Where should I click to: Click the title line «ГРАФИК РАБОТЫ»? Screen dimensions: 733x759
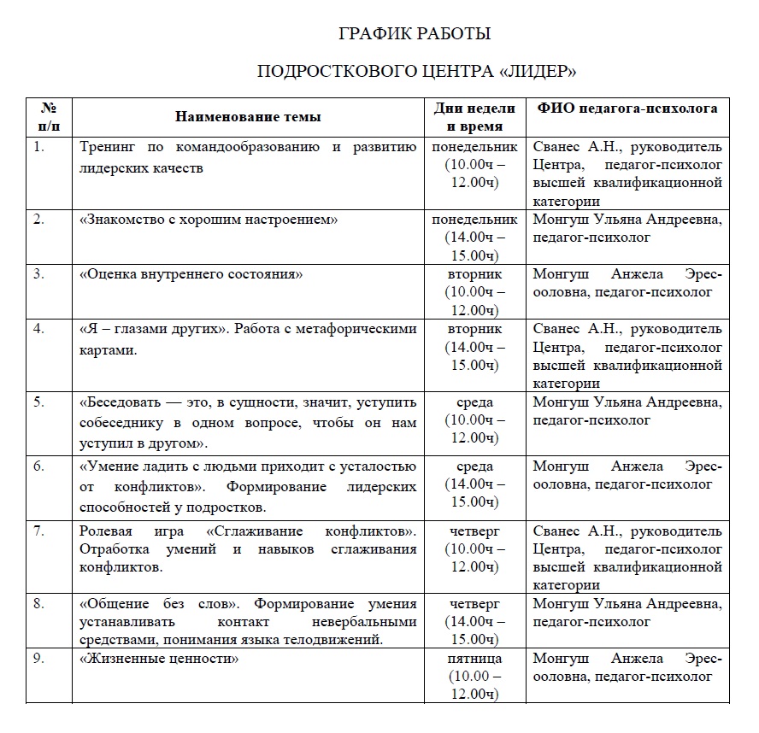pyautogui.click(x=415, y=34)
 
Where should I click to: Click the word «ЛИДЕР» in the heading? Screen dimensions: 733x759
pyautogui.click(x=538, y=70)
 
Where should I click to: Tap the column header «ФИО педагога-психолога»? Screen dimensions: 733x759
pyautogui.click(x=627, y=108)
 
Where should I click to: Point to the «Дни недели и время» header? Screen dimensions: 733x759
pyautogui.click(x=474, y=117)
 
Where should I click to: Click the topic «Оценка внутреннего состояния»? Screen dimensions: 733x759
pyautogui.click(x=191, y=274)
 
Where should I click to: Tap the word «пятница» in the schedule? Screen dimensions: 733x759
pyautogui.click(x=474, y=659)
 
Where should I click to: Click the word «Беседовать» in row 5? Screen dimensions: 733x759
pyautogui.click(x=116, y=402)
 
